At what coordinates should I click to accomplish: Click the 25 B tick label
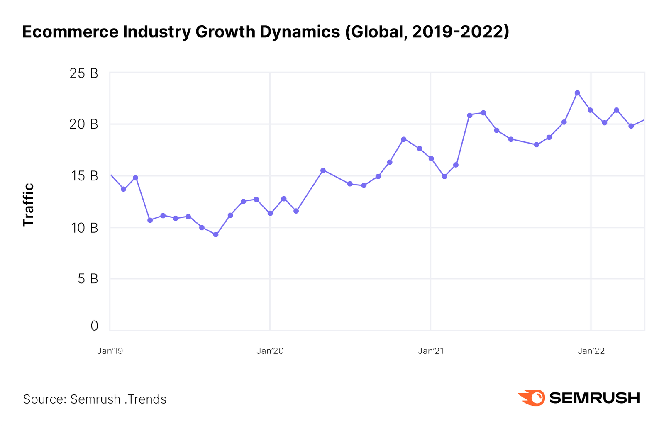[83, 73]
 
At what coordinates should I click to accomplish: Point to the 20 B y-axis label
[83, 124]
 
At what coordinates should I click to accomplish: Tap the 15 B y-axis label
[84, 176]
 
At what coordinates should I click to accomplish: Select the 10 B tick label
[84, 228]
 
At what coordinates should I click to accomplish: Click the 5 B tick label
[88, 279]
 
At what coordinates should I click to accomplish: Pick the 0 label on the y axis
[94, 326]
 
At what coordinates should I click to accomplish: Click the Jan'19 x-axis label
[110, 351]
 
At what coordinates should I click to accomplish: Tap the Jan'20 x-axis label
[270, 351]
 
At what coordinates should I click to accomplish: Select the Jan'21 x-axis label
[431, 351]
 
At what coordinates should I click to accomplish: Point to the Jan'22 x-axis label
[591, 351]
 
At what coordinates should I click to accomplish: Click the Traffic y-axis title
[28, 205]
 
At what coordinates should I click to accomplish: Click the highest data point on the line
[577, 93]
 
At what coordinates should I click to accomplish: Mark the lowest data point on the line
[216, 235]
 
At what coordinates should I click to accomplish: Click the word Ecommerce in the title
[70, 32]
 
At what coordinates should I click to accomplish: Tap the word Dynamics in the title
[300, 32]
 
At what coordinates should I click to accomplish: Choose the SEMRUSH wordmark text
[594, 398]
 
